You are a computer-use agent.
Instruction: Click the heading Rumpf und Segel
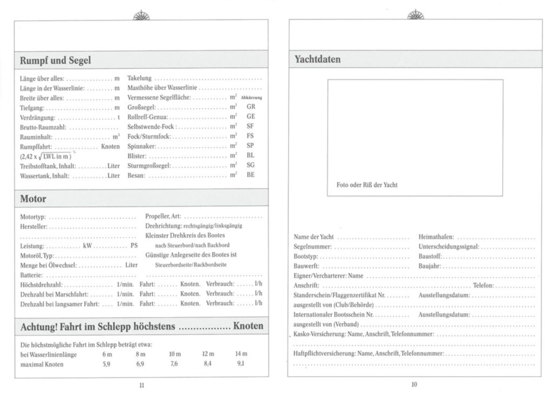tap(55, 60)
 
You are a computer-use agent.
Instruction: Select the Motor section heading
tap(33, 199)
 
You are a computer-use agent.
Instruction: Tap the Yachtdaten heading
tap(317, 59)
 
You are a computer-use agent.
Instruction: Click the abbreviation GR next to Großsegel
tap(251, 107)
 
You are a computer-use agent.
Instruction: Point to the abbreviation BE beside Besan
tap(250, 175)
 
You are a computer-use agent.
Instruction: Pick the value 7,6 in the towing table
tap(174, 364)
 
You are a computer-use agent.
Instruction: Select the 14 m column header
tap(241, 354)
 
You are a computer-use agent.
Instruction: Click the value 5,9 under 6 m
tap(106, 364)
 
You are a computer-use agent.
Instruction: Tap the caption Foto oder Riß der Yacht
tap(367, 185)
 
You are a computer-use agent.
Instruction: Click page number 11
tap(142, 385)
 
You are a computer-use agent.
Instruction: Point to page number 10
tap(414, 384)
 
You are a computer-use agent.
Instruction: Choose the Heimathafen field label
tap(436, 237)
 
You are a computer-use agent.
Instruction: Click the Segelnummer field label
tap(312, 247)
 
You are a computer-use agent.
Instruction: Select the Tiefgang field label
tap(32, 108)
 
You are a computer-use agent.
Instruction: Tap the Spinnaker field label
tap(142, 146)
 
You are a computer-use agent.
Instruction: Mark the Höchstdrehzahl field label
tap(41, 285)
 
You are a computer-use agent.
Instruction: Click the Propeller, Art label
tap(163, 216)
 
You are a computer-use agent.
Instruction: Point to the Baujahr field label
tap(430, 266)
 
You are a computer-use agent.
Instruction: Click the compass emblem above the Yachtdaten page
tap(415, 14)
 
